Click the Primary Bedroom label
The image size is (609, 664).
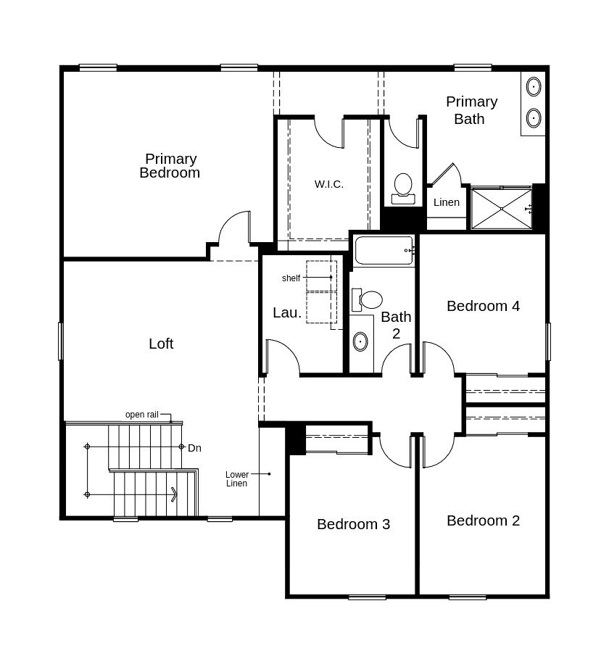pos(170,165)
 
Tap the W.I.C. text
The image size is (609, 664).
pos(328,184)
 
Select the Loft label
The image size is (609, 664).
pos(161,344)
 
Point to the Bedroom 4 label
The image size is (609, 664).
pos(484,306)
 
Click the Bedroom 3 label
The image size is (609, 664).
pos(354,524)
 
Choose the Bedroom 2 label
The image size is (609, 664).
pos(484,520)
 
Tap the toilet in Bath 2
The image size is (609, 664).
pos(367,300)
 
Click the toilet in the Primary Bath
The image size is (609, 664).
pos(403,189)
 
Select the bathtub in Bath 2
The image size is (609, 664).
pos(384,250)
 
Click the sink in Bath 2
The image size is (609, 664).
pos(360,341)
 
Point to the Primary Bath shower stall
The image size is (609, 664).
pos(502,209)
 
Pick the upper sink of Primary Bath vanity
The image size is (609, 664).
pos(534,87)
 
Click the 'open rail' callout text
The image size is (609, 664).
pos(142,415)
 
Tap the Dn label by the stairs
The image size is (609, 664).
pos(194,448)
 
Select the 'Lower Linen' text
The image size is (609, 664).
pos(237,479)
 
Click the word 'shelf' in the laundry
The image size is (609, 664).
pos(291,278)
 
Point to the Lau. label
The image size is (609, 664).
pos(287,312)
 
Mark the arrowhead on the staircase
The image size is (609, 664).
pos(174,494)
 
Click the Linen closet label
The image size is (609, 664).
pos(447,202)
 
